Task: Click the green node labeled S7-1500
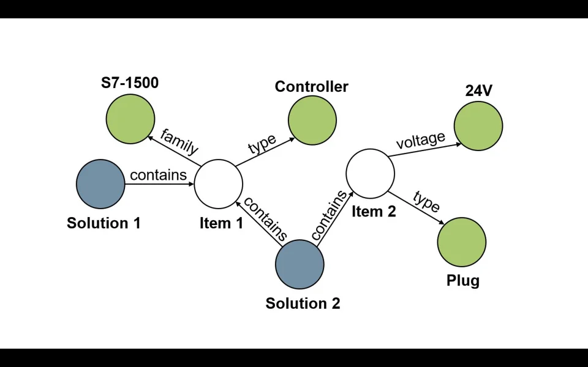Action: (130, 119)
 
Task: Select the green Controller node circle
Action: (312, 120)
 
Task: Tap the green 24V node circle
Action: (478, 126)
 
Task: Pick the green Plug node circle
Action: (462, 242)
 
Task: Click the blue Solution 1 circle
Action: (100, 184)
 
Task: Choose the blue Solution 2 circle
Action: (300, 264)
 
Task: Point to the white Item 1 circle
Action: (219, 184)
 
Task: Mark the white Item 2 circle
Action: (371, 174)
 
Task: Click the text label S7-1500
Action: (130, 83)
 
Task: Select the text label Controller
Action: (311, 87)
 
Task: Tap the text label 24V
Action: (479, 91)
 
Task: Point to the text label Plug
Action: (463, 281)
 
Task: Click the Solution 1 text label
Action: (104, 223)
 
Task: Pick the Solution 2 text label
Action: (303, 303)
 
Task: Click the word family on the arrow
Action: (179, 141)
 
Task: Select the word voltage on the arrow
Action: (420, 141)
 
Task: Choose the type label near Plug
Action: (426, 201)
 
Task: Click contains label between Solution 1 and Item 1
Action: (158, 175)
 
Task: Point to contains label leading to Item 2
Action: (329, 215)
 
